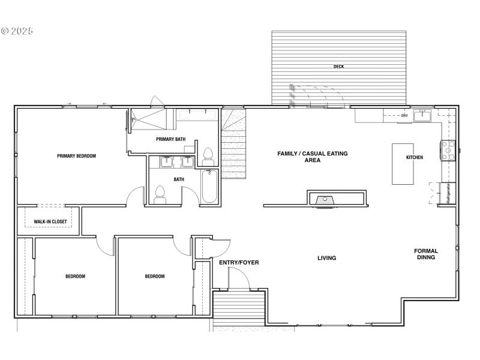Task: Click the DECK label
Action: [x=338, y=67]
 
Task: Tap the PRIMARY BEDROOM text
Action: [x=76, y=156]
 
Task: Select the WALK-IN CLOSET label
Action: [x=50, y=222]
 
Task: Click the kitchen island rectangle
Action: [x=404, y=163]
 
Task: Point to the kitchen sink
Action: [x=423, y=115]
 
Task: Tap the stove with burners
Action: [x=448, y=151]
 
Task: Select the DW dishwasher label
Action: [x=404, y=115]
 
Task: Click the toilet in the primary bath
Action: [x=208, y=157]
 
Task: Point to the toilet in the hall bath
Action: [x=160, y=195]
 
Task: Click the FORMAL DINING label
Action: [x=425, y=254]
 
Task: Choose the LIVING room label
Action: [x=326, y=258]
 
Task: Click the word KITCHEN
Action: [x=415, y=157]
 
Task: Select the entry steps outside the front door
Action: [x=239, y=308]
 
